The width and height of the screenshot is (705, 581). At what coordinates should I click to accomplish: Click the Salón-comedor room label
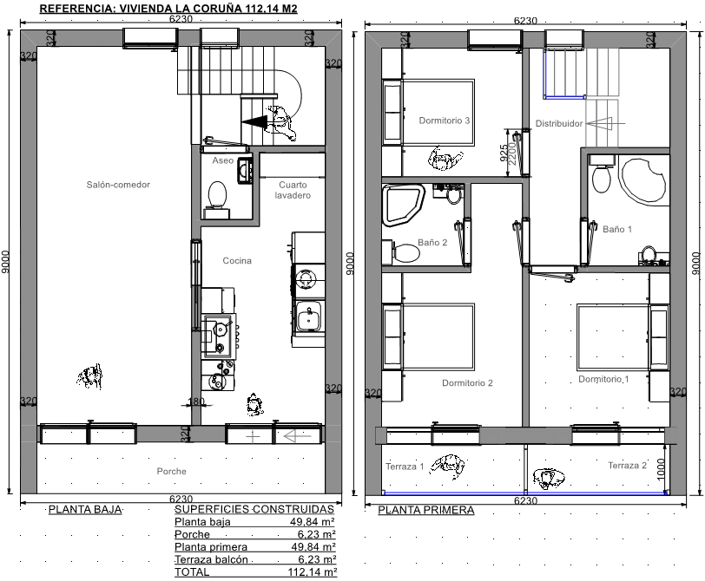118,185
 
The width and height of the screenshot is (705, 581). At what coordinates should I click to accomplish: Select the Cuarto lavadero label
293,190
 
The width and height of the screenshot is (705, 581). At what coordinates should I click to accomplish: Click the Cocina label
237,260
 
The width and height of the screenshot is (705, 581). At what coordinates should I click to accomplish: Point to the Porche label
171,471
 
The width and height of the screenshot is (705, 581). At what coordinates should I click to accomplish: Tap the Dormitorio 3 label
445,121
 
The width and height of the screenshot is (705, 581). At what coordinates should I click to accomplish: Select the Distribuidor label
559,123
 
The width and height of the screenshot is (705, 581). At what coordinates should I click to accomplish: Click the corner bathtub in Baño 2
403,205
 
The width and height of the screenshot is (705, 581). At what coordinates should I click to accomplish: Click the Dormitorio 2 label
467,382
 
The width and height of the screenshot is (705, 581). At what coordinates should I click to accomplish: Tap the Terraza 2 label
627,465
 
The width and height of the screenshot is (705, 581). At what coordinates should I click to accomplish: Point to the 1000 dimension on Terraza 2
661,469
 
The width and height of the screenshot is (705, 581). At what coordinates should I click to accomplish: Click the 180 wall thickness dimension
196,401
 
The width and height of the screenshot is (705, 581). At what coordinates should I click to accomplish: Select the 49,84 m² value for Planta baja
312,522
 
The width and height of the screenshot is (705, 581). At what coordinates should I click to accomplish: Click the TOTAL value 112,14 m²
312,572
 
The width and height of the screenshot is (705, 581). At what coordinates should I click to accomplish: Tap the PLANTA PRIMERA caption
425,510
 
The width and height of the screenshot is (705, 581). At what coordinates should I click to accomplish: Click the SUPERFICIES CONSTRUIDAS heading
254,509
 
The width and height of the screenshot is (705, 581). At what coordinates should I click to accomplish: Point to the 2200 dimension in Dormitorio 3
512,153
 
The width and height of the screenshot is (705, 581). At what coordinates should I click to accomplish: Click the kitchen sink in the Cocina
307,317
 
